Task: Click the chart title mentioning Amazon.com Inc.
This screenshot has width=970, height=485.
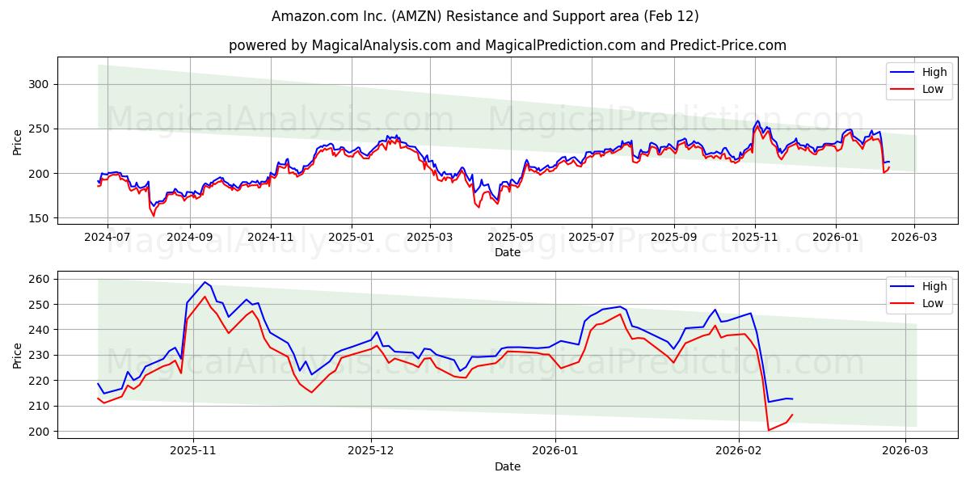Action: click(485, 16)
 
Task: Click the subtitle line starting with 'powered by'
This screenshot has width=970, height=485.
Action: click(507, 45)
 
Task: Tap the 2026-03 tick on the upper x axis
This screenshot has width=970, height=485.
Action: click(913, 238)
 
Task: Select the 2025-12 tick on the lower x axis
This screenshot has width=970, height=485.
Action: click(371, 452)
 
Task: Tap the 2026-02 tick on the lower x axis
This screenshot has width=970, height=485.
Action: click(740, 452)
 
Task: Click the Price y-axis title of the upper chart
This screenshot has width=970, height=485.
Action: click(18, 141)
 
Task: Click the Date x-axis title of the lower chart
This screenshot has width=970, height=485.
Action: click(507, 466)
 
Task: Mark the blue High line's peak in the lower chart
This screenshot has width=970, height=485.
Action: click(205, 282)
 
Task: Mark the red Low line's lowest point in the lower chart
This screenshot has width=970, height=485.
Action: click(768, 430)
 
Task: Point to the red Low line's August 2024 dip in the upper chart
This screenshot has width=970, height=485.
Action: click(154, 216)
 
